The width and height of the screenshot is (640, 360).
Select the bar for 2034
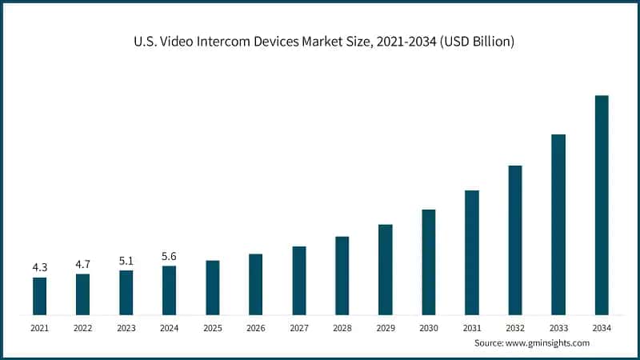click(x=602, y=205)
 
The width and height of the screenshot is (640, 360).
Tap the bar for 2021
click(x=39, y=295)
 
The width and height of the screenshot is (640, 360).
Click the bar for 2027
click(x=299, y=280)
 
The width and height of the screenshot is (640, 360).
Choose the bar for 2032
click(x=515, y=240)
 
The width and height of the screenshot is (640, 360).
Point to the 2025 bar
click(x=213, y=287)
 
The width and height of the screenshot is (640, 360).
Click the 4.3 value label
click(x=39, y=267)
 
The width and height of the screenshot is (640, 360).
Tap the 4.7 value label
click(x=82, y=263)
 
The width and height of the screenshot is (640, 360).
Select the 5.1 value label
click(x=126, y=260)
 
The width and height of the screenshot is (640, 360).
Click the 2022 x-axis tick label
click(x=82, y=328)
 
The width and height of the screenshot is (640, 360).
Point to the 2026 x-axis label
click(x=255, y=328)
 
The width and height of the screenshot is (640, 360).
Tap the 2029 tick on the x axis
click(x=385, y=328)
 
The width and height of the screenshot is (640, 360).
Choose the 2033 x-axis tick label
click(x=558, y=328)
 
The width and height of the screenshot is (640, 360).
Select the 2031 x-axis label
click(x=472, y=328)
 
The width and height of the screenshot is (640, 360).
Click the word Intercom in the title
click(x=218, y=40)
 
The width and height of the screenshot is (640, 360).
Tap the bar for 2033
click(x=558, y=224)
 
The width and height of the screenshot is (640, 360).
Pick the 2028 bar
click(x=342, y=275)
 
